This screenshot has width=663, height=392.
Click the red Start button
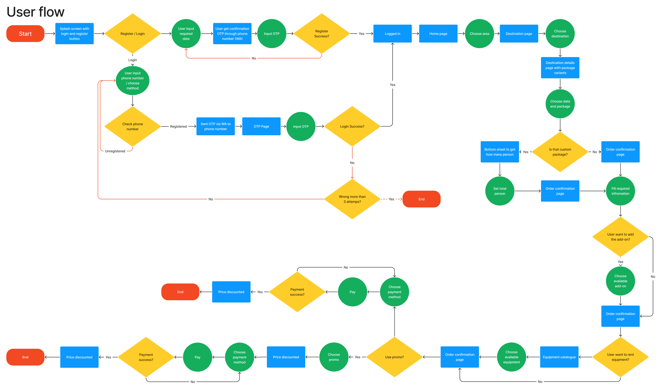click(25, 34)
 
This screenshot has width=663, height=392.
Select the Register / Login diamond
click(133, 34)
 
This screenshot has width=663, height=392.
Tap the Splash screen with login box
click(74, 34)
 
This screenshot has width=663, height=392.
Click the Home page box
click(438, 34)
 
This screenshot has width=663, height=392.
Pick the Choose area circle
click(479, 34)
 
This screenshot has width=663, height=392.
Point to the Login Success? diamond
click(352, 126)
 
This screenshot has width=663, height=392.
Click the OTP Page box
click(261, 126)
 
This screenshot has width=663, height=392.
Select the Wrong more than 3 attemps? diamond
click(352, 199)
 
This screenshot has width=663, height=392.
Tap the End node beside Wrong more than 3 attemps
click(421, 199)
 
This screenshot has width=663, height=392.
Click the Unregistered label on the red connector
click(115, 151)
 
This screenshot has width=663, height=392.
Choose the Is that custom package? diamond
click(560, 152)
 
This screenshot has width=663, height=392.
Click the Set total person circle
click(500, 191)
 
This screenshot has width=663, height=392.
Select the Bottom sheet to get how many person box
click(500, 152)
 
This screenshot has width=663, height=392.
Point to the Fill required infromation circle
click(620, 191)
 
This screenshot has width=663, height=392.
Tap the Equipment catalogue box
click(559, 357)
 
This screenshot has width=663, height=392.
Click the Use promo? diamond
click(394, 357)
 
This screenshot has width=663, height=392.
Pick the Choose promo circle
click(334, 357)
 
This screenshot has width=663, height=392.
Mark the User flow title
click(35, 12)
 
